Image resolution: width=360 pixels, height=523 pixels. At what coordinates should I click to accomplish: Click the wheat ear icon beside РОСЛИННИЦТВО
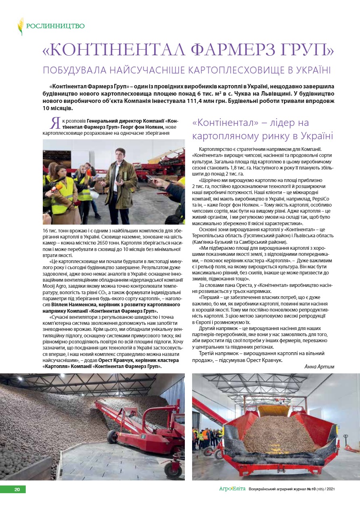pyautogui.click(x=21, y=26)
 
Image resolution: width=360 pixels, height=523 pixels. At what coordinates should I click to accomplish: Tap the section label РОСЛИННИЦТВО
pyautogui.click(x=55, y=26)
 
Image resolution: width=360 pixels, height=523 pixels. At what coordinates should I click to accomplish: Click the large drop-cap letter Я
pyautogui.click(x=56, y=123)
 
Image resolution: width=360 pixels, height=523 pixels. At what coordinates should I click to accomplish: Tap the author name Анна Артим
pyautogui.click(x=319, y=366)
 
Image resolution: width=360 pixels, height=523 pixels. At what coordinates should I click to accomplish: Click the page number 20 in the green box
pyautogui.click(x=17, y=490)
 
